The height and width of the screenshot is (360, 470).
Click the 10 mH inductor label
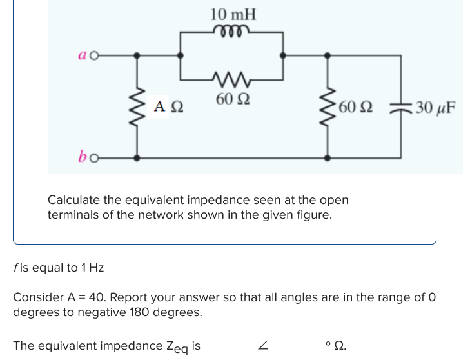(x=233, y=14)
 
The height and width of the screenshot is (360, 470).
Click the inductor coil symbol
(x=232, y=30)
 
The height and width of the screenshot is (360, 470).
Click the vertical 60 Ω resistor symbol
(x=330, y=106)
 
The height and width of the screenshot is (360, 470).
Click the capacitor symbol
(x=401, y=107)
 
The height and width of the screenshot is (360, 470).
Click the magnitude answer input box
(x=228, y=346)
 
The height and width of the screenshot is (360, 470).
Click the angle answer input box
(x=297, y=346)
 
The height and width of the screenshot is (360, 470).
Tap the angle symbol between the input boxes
(x=263, y=346)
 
